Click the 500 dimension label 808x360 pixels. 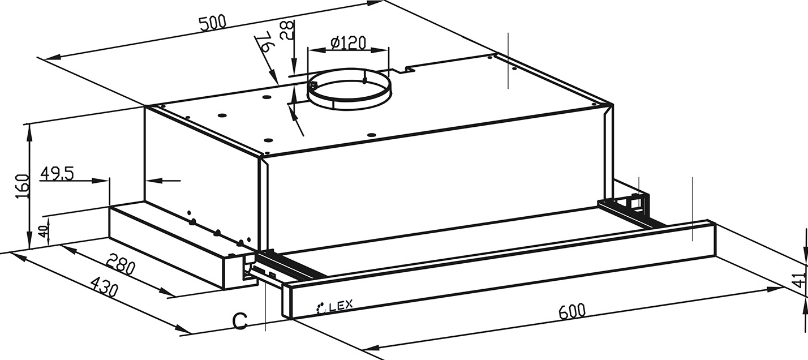coord(212,23)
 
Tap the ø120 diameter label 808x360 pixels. coord(348,42)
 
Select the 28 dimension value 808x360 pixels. coord(287,29)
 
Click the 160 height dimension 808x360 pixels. coord(23,186)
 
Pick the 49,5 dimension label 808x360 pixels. coord(57,174)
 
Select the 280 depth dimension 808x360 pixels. coord(121,264)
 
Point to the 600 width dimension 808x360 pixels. coord(572,311)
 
